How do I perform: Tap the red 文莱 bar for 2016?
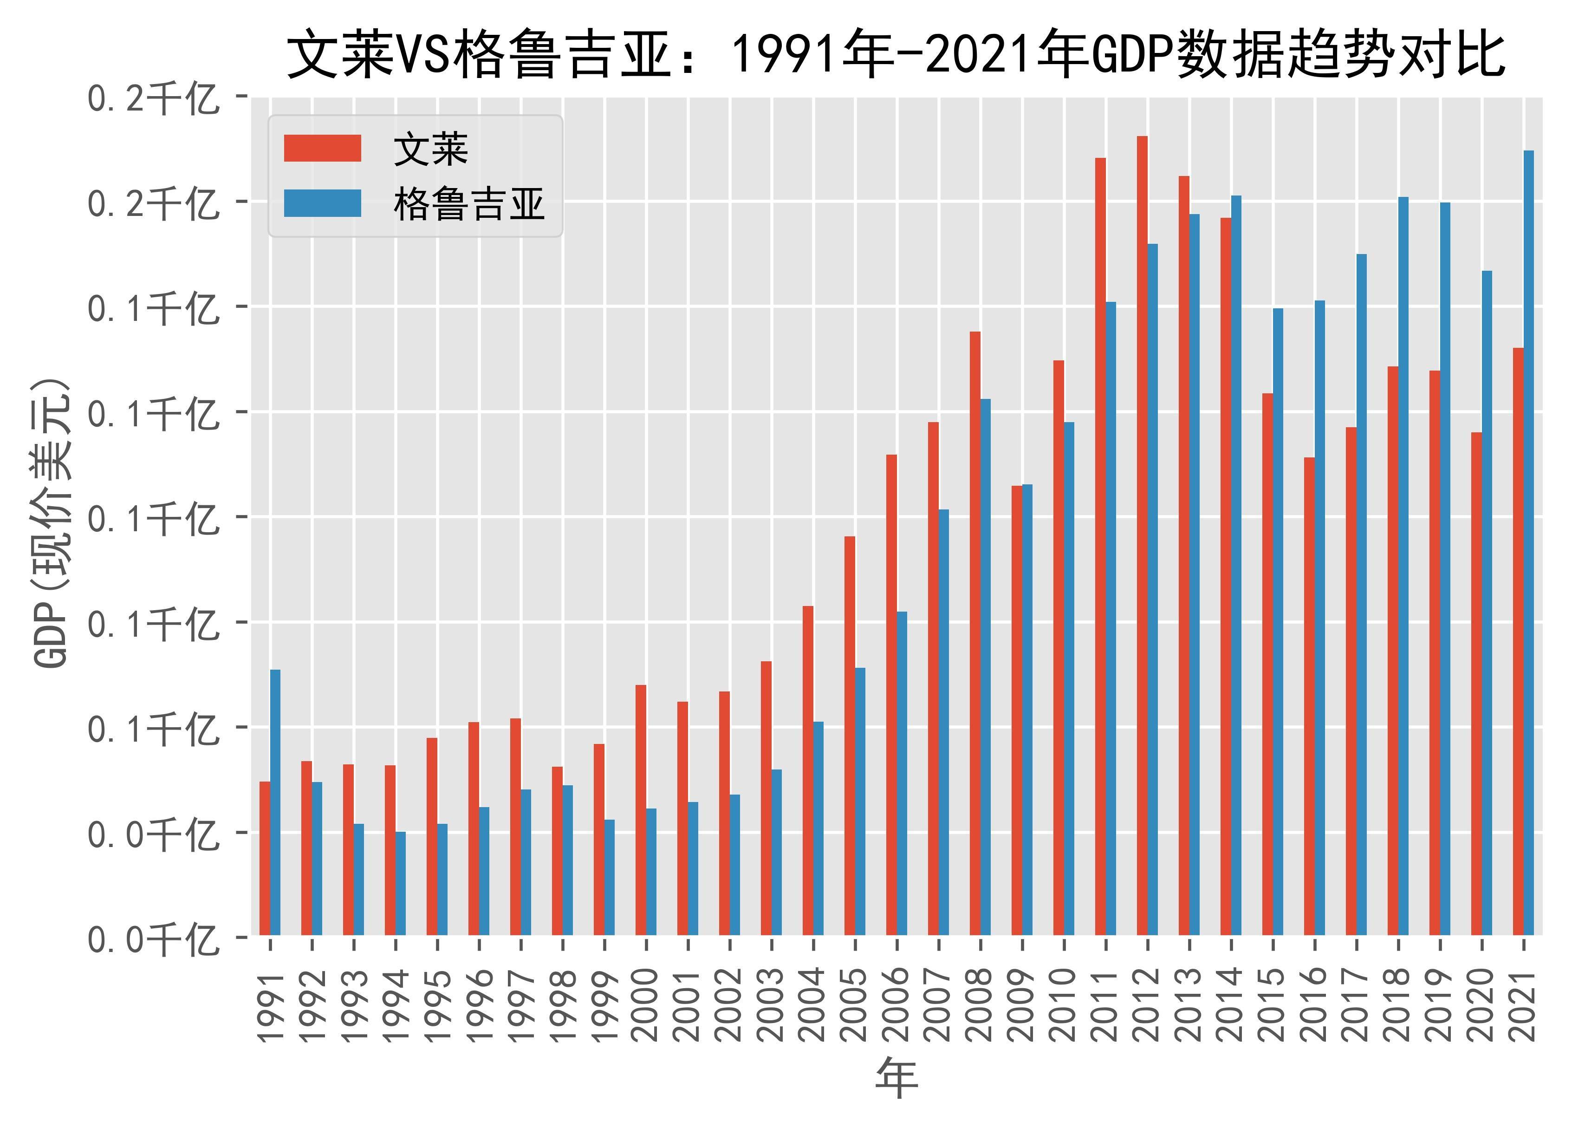pos(1309,696)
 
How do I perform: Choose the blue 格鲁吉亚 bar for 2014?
pos(1236,565)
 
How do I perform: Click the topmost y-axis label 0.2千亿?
pos(152,98)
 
